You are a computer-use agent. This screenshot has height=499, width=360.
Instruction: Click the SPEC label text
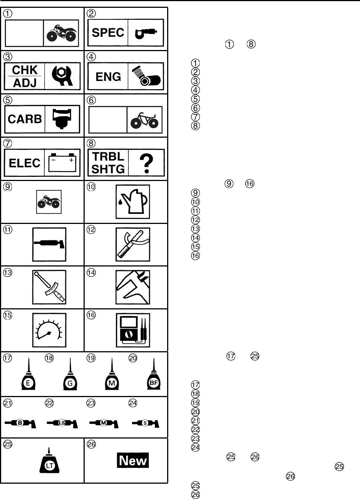coord(108,33)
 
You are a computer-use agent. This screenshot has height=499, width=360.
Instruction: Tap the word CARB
coord(25,119)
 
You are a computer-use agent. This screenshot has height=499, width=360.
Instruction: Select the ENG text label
coord(108,77)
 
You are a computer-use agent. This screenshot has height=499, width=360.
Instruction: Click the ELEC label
coord(25,163)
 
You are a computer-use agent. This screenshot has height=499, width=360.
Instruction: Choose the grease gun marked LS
coord(62,423)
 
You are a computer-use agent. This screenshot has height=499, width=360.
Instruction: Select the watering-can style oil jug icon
coord(133,202)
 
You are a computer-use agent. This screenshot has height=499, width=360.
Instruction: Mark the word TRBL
coord(108,157)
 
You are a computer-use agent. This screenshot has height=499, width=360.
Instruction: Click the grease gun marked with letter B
coord(21,423)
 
